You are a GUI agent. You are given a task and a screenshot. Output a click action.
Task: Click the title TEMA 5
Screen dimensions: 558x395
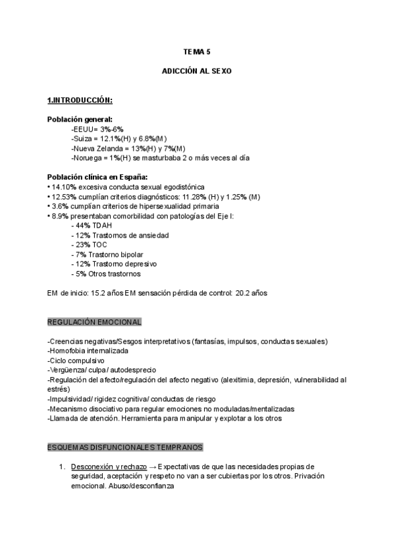click(x=197, y=51)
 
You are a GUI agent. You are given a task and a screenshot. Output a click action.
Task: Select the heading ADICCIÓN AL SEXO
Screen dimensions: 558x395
click(x=197, y=69)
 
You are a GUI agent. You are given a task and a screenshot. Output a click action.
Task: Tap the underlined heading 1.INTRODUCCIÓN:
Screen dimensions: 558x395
click(x=80, y=100)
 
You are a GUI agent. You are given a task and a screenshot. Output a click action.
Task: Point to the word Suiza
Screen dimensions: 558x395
click(x=82, y=139)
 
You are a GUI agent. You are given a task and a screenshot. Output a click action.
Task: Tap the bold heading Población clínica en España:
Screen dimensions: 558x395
click(x=97, y=177)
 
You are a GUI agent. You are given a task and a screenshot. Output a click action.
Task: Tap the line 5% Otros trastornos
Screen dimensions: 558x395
click(x=106, y=274)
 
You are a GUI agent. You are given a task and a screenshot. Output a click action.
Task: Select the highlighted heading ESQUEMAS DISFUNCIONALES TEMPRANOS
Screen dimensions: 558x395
click(x=125, y=447)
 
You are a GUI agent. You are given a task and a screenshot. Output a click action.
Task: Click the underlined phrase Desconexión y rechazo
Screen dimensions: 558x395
click(x=109, y=467)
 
